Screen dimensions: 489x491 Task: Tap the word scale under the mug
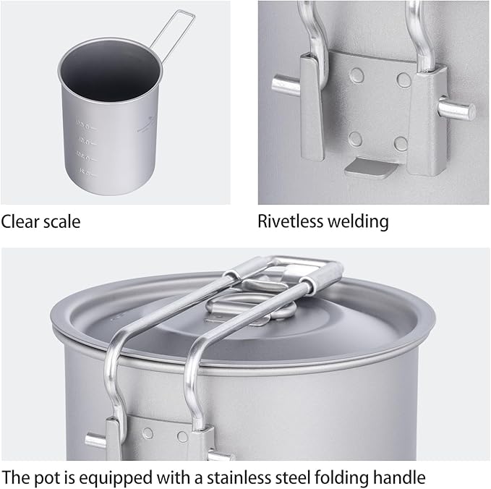(x=61, y=221)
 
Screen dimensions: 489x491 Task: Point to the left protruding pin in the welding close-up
(x=286, y=83)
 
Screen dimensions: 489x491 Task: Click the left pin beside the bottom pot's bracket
(x=96, y=440)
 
